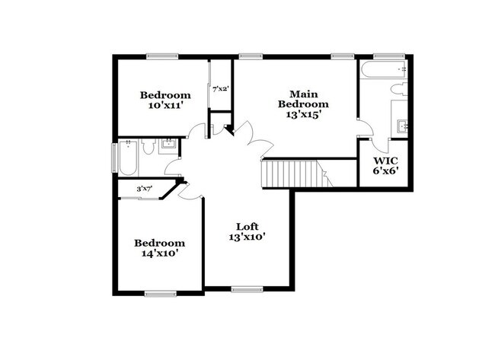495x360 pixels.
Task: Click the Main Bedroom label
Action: coord(303,98)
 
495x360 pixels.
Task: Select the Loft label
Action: coord(247,226)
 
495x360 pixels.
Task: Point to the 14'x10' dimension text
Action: coord(159,253)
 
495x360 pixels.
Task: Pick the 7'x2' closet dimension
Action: coord(220,89)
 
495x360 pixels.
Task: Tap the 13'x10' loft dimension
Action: coord(247,237)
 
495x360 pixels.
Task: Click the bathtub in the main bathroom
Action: coord(385,71)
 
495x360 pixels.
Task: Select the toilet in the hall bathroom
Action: coord(150,145)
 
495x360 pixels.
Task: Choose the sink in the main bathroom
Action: coord(402,125)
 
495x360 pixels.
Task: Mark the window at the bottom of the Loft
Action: coord(246,289)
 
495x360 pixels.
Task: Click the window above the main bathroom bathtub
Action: coord(385,55)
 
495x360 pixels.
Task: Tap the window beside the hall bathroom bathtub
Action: coord(115,158)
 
